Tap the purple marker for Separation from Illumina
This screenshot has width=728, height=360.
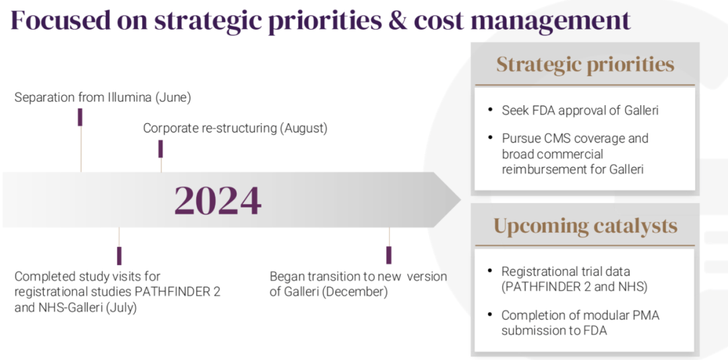point(80,117)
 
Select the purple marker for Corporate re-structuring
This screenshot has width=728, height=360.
point(160,149)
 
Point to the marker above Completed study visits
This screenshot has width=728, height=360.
point(119,256)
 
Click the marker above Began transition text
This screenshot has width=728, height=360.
point(389,255)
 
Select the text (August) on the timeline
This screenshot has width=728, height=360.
point(303,128)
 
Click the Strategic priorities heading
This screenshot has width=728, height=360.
point(585,65)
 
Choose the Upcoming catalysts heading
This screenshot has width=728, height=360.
point(585,226)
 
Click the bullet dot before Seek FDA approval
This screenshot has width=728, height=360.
point(490,110)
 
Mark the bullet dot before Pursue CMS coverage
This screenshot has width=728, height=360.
point(490,138)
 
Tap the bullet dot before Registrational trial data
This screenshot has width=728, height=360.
point(490,271)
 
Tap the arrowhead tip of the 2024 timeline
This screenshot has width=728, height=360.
point(460,200)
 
